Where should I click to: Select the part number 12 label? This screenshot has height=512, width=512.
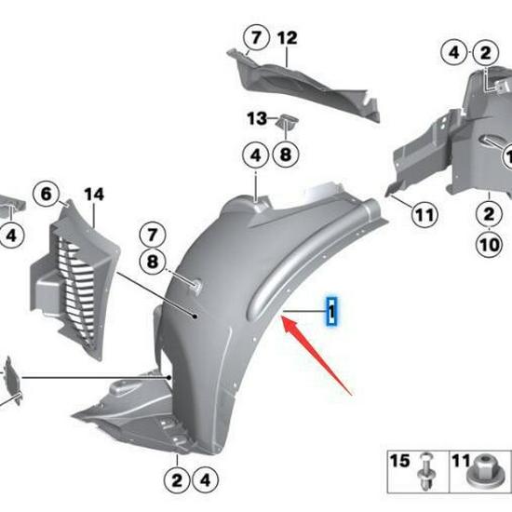click(286, 38)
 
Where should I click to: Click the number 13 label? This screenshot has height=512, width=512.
click(256, 118)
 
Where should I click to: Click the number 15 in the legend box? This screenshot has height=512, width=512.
click(399, 461)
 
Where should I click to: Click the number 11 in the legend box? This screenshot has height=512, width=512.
click(461, 461)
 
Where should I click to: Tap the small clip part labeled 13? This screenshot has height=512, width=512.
click(287, 121)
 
